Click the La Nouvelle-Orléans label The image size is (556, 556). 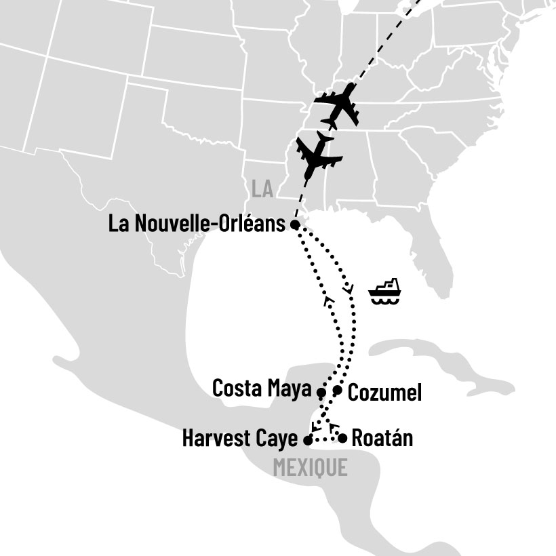point(197,224)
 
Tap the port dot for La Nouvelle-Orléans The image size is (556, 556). point(294,224)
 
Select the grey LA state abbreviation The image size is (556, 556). point(262,189)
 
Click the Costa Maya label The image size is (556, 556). point(262,389)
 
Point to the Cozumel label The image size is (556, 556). point(384,392)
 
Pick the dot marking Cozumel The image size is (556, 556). point(338,390)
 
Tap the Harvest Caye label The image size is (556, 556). point(240,439)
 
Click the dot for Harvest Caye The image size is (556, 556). point(308,440)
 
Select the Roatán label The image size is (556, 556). point(382,438)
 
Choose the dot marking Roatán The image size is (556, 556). point(343,438)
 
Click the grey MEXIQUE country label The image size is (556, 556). point(310,467)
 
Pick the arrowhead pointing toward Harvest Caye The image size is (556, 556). point(314,427)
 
